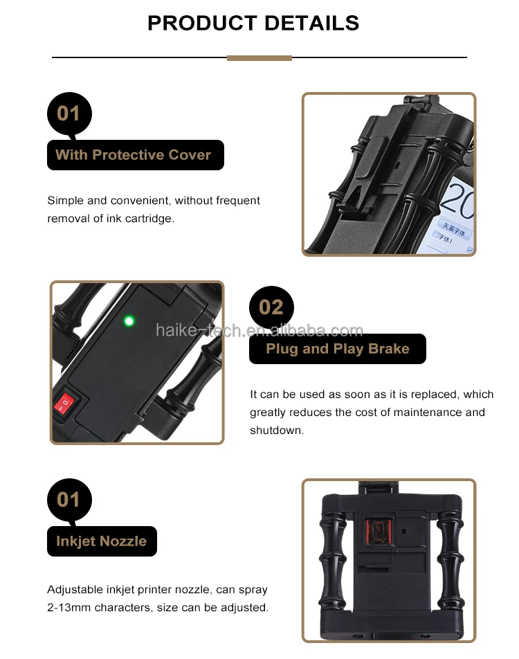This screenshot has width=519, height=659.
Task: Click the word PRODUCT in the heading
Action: click(x=202, y=23)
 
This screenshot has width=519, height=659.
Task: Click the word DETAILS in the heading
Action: click(x=312, y=23)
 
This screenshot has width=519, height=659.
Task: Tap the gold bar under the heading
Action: click(x=259, y=58)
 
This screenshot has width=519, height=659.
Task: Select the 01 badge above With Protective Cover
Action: click(x=69, y=114)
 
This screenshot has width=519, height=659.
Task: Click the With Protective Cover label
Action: click(x=136, y=155)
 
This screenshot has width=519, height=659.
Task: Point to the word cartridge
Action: click(x=149, y=219)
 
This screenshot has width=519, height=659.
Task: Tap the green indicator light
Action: click(x=129, y=321)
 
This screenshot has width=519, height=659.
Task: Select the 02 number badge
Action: click(x=271, y=307)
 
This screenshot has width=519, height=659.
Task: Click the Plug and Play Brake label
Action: click(x=338, y=349)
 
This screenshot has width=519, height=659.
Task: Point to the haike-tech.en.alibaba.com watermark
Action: click(x=259, y=331)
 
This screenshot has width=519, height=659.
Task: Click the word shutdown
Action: click(x=277, y=431)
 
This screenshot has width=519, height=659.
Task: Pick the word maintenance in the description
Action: click(x=428, y=413)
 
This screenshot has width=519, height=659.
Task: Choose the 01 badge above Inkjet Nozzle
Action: click(x=69, y=500)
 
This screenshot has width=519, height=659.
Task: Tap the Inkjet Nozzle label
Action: click(x=102, y=541)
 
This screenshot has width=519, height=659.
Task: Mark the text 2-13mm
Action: click(x=69, y=608)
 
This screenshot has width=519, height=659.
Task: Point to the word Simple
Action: click(x=66, y=201)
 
